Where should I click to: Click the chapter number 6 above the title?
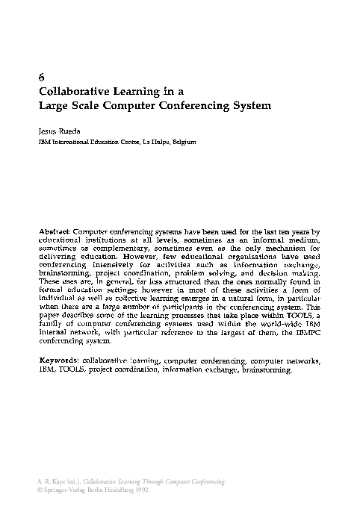point(40,78)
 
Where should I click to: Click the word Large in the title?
point(53,105)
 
